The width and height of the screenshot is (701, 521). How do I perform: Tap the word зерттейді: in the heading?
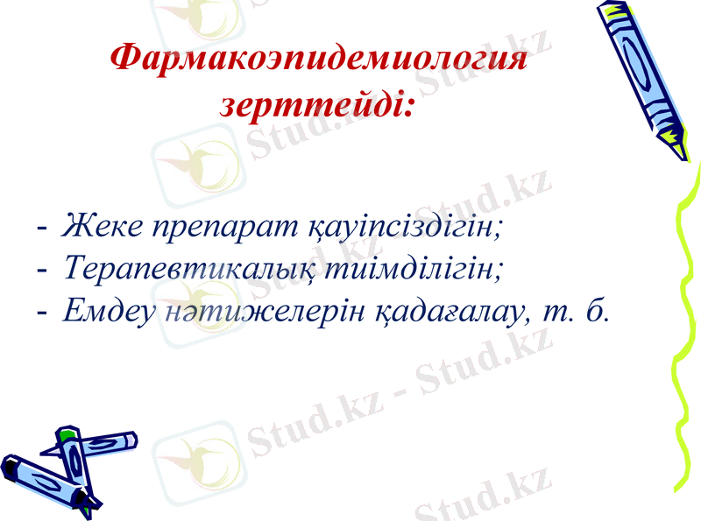[x=317, y=107]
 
